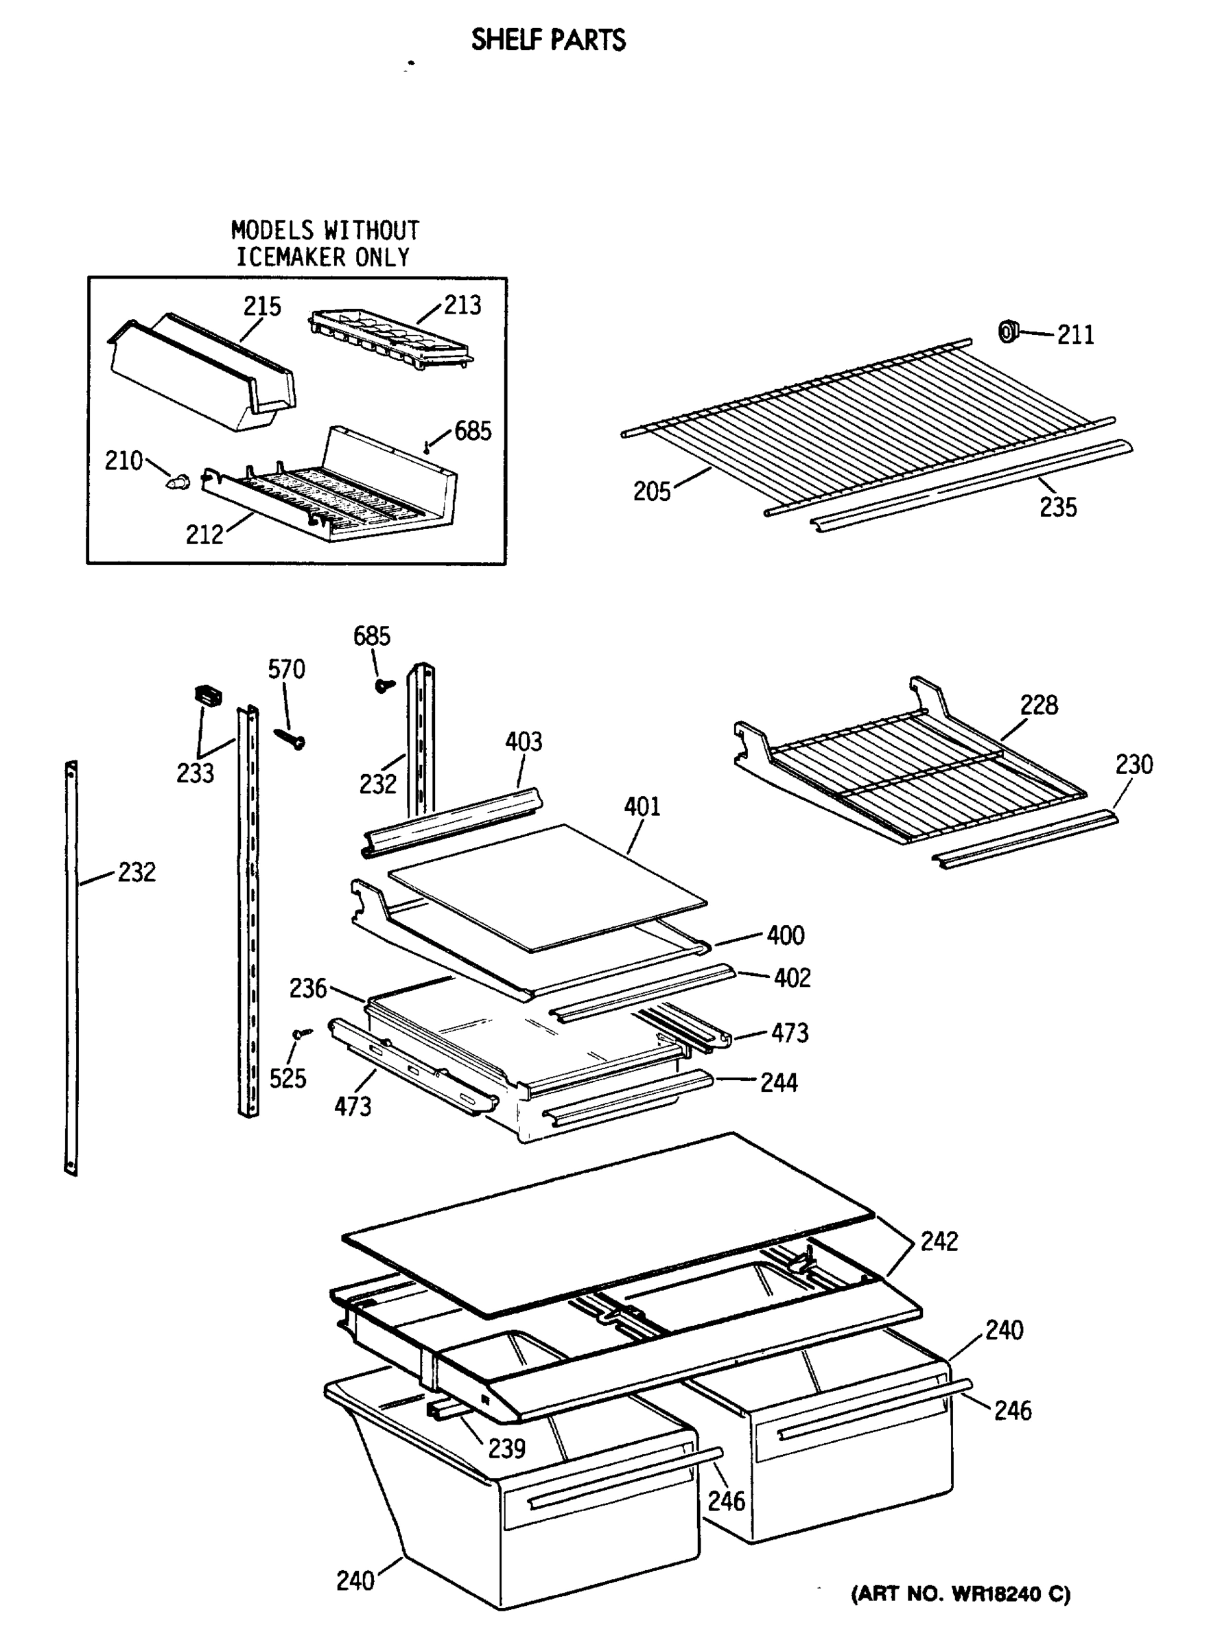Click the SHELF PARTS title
point(548,40)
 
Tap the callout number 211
point(1075,336)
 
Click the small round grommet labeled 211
point(1009,331)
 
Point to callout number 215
point(262,306)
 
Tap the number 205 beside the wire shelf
point(651,491)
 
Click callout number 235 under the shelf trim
point(1057,506)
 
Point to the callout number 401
point(642,806)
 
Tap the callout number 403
point(524,742)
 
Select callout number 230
point(1134,764)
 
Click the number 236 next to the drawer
point(307,988)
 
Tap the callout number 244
point(779,1082)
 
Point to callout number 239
point(506,1448)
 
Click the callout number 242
point(939,1241)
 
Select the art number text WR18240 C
point(960,1593)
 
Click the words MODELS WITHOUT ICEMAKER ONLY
point(324,244)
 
